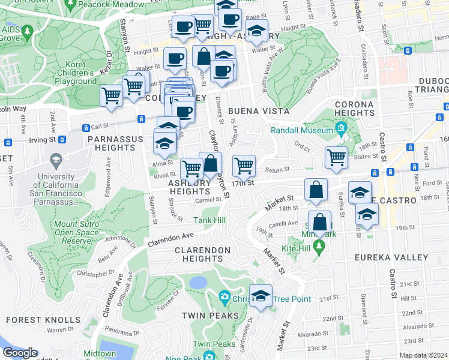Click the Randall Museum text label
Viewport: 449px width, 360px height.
coord(302,131)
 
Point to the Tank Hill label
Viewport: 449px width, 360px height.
coord(209,221)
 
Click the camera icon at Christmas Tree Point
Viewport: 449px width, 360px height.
coord(224,296)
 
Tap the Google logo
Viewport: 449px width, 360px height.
coord(20,353)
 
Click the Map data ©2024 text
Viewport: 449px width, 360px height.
coord(424,355)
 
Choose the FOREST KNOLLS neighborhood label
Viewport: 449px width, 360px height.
coord(43,320)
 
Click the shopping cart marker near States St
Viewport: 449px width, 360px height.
coord(337,157)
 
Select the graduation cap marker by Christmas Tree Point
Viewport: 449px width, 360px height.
coord(261,295)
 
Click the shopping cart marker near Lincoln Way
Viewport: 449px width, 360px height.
coord(111,95)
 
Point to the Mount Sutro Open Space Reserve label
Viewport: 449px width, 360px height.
coord(76,232)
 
